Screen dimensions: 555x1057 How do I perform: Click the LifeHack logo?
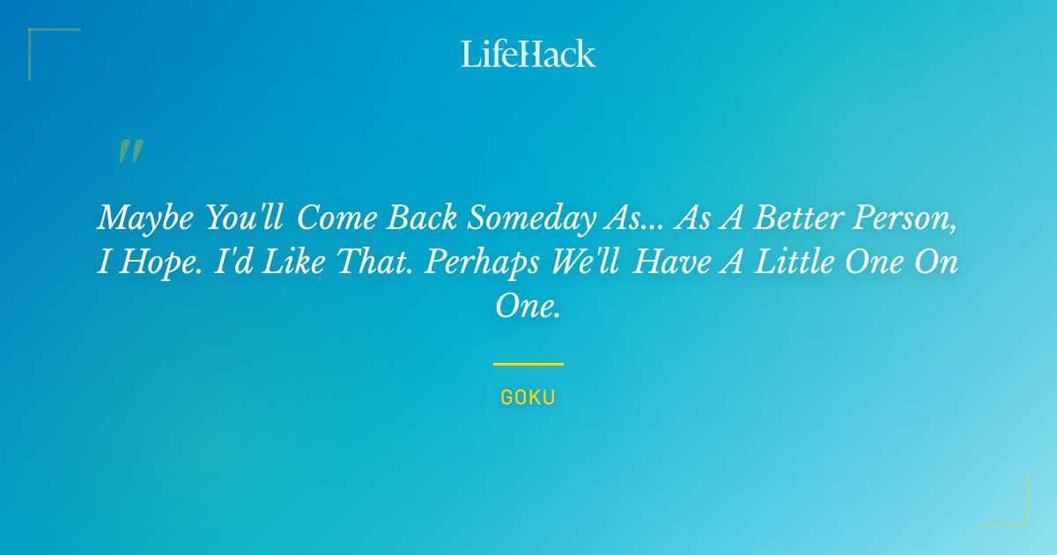coord(528,54)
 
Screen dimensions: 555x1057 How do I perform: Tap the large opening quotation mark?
coord(130,152)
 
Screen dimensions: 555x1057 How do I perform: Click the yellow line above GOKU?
coord(528,364)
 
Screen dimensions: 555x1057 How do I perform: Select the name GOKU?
coord(528,397)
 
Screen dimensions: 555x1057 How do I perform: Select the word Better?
coord(799,218)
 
